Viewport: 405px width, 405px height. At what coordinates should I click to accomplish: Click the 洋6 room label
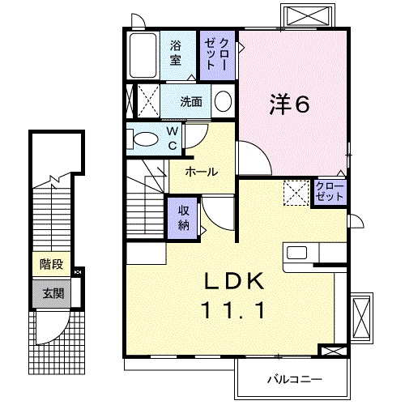click(289, 104)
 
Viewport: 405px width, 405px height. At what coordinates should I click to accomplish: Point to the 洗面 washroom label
click(191, 102)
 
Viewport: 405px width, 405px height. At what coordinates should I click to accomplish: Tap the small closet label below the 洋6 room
click(330, 192)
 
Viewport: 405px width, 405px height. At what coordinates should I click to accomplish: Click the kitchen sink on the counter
click(297, 252)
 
